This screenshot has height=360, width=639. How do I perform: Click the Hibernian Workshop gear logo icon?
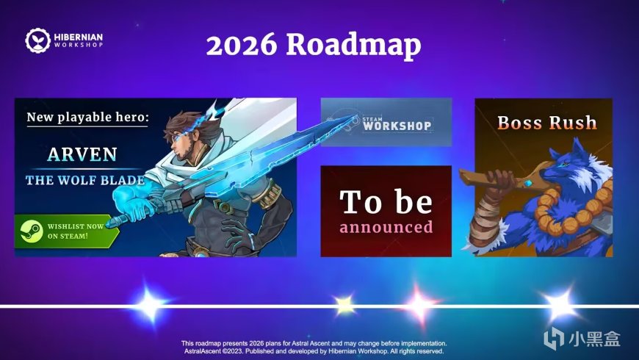tap(37, 40)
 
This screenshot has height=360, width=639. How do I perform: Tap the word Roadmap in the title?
tap(354, 46)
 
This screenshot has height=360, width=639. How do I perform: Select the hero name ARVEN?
tap(82, 154)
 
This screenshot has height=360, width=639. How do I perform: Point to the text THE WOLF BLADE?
tap(85, 180)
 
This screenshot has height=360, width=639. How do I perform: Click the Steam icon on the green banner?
tap(32, 231)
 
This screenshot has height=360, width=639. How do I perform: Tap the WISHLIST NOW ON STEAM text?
tap(76, 231)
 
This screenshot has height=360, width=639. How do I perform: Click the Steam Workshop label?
tap(397, 123)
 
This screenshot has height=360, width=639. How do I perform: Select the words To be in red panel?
tap(386, 201)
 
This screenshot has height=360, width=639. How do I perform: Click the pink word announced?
tap(386, 227)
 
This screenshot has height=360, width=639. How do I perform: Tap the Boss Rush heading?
tap(547, 123)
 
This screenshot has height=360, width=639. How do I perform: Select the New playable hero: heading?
tap(87, 118)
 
